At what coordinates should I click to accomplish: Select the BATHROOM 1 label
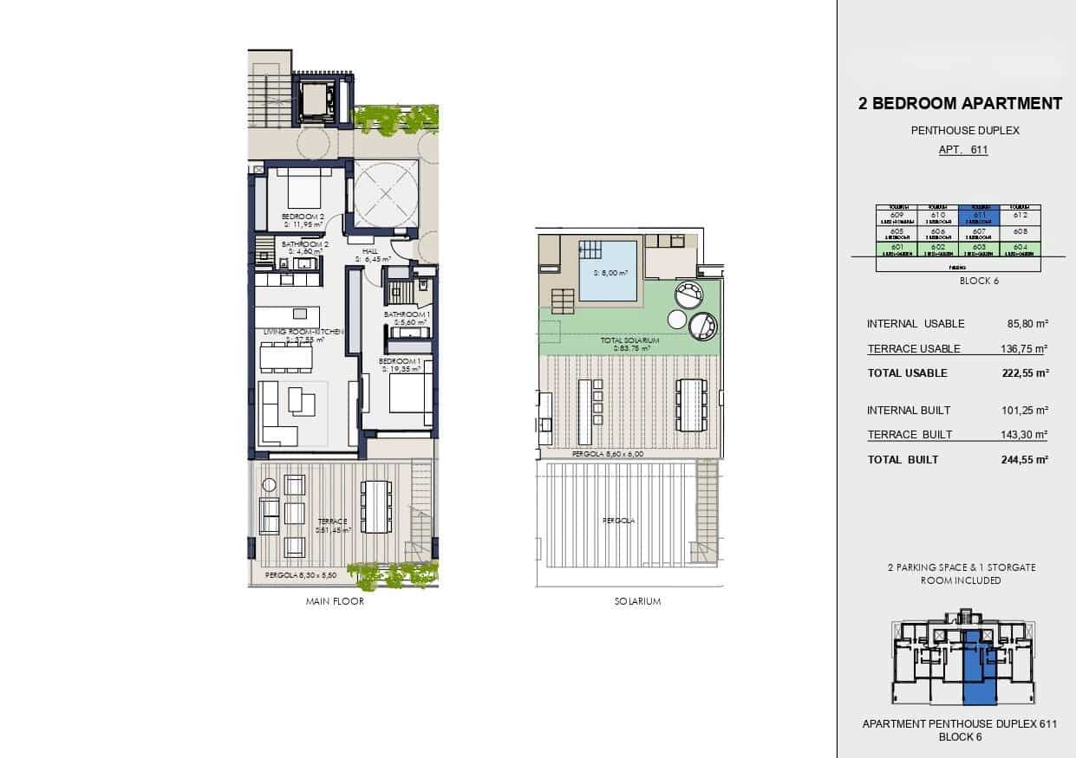[408, 314]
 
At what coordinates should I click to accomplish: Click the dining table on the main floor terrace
[375, 506]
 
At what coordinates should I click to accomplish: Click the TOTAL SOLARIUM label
[630, 341]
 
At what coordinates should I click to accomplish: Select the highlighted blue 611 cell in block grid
[980, 216]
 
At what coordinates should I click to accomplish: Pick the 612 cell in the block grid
[1021, 216]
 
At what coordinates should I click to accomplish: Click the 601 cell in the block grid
[897, 249]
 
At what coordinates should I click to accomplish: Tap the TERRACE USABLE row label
[914, 349]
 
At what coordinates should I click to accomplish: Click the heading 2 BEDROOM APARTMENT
[960, 104]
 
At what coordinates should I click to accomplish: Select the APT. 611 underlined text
[963, 150]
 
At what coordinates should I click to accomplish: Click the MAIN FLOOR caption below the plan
[335, 602]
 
